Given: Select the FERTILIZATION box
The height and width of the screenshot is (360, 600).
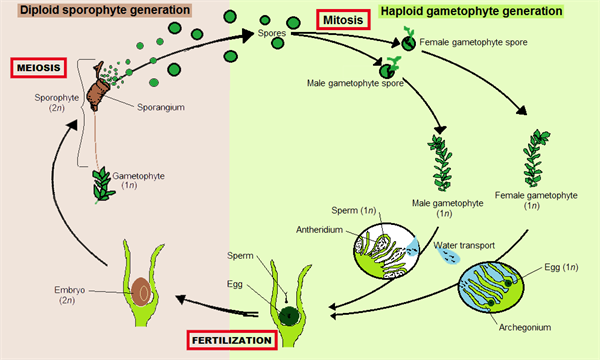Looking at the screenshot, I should pos(231,341).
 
